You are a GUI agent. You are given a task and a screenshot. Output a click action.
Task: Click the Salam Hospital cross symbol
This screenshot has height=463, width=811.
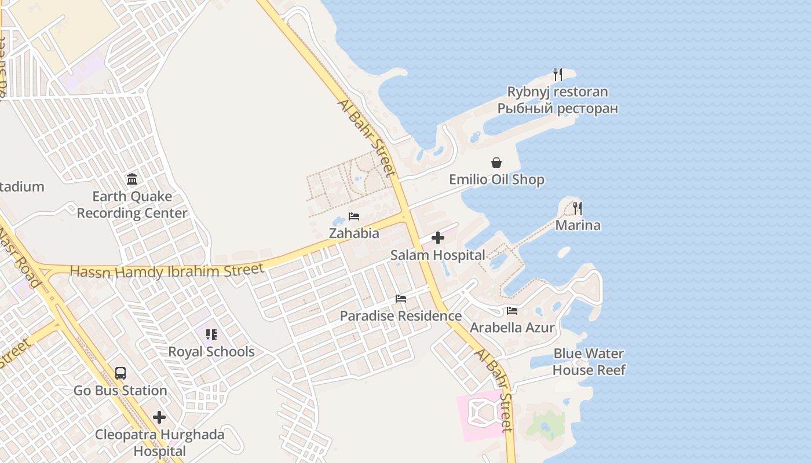(438, 238)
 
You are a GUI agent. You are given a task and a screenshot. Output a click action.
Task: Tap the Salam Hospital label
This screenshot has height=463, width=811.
(437, 255)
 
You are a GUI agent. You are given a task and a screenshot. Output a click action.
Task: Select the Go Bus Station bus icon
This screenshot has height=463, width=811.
(120, 373)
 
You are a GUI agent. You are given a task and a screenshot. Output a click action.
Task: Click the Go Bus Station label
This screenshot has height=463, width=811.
(120, 391)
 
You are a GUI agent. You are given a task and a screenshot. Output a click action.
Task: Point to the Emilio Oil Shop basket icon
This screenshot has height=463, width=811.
(496, 163)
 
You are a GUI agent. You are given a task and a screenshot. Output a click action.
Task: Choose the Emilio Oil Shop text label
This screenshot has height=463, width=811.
(496, 179)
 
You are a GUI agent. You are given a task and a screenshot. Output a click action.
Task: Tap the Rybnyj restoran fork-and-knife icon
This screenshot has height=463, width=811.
(557, 74)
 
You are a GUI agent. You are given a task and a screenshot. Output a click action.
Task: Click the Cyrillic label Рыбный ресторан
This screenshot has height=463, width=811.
(557, 108)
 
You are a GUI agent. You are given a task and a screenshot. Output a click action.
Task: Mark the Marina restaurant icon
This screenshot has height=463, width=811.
(578, 208)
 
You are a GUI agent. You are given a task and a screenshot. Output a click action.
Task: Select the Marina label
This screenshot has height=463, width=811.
(578, 225)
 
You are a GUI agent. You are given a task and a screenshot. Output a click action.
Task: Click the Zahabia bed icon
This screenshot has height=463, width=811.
(354, 216)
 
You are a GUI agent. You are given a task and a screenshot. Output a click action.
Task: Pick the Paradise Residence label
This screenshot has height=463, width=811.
(400, 316)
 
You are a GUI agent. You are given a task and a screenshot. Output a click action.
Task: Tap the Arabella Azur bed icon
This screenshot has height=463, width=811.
(512, 311)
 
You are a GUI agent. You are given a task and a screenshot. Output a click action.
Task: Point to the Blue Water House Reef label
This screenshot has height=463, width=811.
(589, 362)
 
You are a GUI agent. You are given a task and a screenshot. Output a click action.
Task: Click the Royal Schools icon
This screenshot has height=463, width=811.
(211, 335)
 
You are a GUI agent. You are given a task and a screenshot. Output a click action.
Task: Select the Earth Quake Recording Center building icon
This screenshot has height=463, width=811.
(132, 179)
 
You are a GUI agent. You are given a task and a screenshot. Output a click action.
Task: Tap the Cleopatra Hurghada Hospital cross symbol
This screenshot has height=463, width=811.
(159, 417)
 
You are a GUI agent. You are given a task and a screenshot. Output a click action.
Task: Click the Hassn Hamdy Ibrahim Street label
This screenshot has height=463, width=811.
(167, 270)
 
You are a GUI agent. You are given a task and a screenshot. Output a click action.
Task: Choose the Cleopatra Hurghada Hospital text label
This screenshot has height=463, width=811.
(159, 443)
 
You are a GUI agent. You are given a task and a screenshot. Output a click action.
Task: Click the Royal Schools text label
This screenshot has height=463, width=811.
(211, 351)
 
